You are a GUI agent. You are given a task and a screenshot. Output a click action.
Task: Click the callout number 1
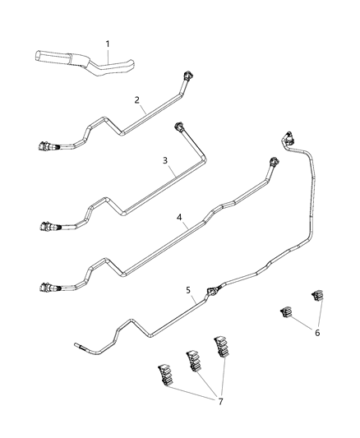[x=106, y=43]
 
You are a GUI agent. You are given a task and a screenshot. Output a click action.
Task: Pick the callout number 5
[x=188, y=290]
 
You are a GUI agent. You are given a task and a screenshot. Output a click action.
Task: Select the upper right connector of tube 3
[x=178, y=128]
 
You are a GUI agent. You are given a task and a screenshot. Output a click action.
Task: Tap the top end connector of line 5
[x=288, y=136]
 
